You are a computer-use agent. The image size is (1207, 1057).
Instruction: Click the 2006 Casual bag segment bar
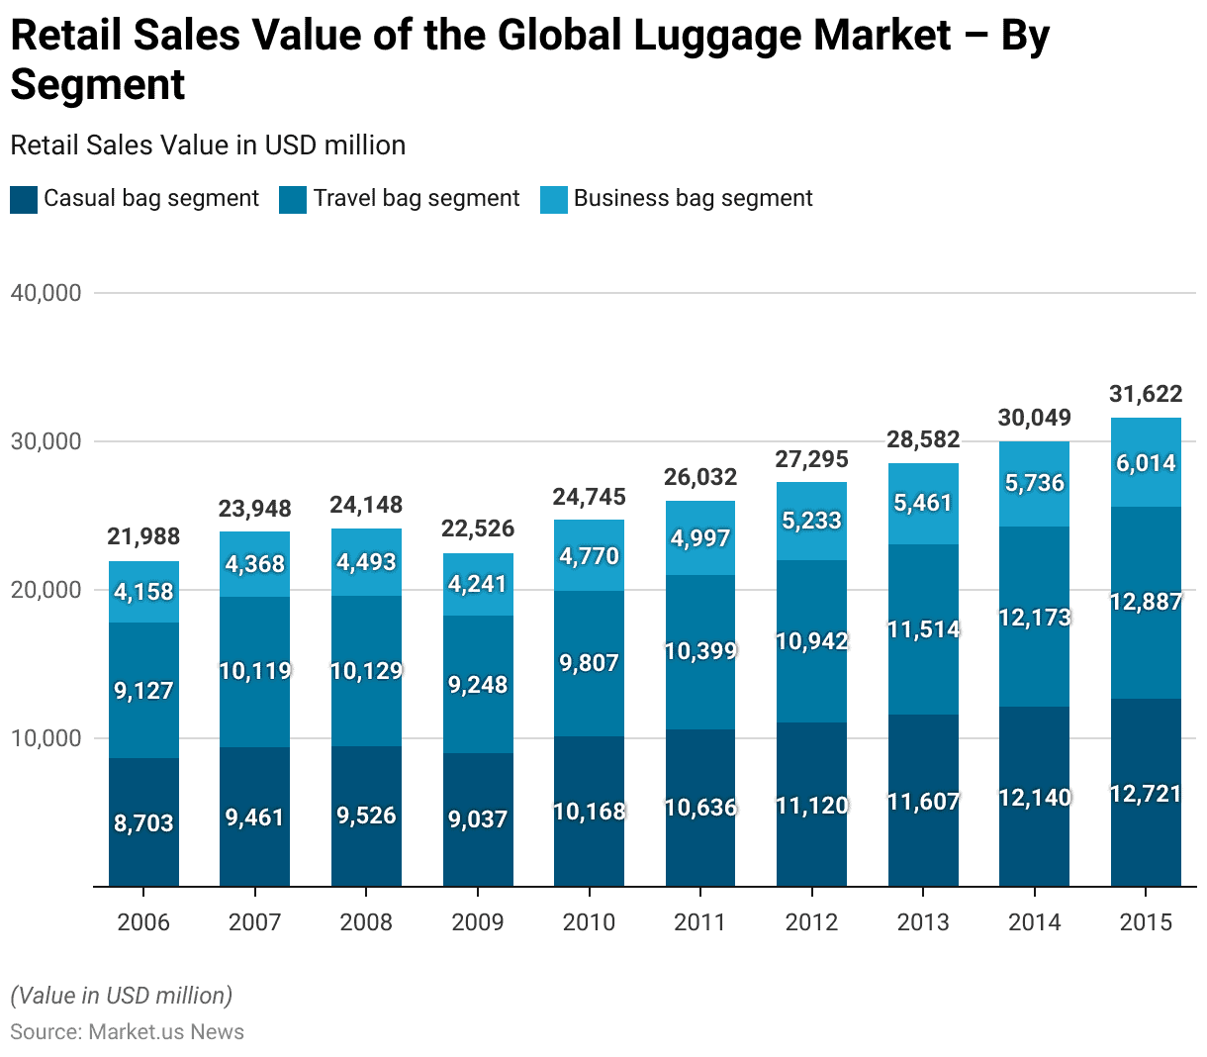tap(143, 821)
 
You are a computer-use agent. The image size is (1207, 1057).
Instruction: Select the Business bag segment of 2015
tap(1146, 462)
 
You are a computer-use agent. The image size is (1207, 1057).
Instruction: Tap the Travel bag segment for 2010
tap(589, 663)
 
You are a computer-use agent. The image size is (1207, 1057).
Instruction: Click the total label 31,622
tap(1146, 394)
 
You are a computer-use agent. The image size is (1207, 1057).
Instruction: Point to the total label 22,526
tap(478, 528)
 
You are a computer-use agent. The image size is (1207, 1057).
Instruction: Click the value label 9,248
tap(478, 685)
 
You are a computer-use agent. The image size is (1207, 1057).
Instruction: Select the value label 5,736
tap(1034, 483)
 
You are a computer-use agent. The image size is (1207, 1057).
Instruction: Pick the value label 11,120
tap(811, 806)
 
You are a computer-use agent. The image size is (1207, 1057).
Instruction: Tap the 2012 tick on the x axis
tap(811, 922)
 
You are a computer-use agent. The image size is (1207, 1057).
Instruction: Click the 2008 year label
tap(366, 922)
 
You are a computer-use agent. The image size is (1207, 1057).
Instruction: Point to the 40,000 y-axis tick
tap(46, 293)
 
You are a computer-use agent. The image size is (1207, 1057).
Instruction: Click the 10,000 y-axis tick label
tap(46, 738)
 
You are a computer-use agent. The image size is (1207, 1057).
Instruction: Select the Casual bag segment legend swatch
tap(24, 200)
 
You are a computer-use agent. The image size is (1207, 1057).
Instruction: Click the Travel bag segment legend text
tap(417, 199)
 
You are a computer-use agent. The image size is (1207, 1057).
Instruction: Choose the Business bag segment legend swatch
tap(554, 200)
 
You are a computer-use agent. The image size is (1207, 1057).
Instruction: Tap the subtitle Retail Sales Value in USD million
tap(208, 145)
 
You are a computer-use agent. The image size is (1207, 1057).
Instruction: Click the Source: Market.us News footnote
tap(127, 1032)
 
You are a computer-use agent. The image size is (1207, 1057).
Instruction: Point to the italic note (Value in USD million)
tap(121, 995)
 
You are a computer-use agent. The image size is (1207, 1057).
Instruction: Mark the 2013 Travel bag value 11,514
tap(923, 629)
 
